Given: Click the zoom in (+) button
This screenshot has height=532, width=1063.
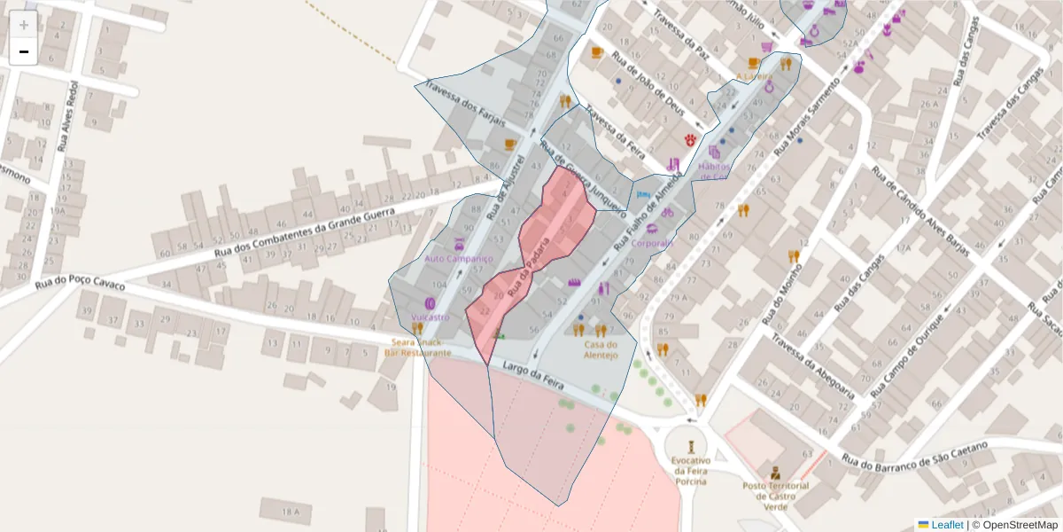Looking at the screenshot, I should pos(24,25).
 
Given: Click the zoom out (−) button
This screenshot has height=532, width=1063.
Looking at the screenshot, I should pos(24,51).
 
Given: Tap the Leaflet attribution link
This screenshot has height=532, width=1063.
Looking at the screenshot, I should pos(946,524).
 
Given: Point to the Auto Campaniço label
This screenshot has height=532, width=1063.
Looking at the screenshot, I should pos(458,259).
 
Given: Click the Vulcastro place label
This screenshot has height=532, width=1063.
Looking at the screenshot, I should pos(431,317).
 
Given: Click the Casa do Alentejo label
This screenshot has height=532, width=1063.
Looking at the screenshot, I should pos(600,350).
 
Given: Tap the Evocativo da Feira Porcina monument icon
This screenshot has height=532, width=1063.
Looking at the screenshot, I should pos(690,441).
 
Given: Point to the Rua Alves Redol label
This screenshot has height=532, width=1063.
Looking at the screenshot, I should pos(67,115).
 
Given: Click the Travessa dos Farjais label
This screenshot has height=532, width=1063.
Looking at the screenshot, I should pos(464,104).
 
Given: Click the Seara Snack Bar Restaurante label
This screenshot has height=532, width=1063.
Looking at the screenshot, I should pos(417,348).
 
